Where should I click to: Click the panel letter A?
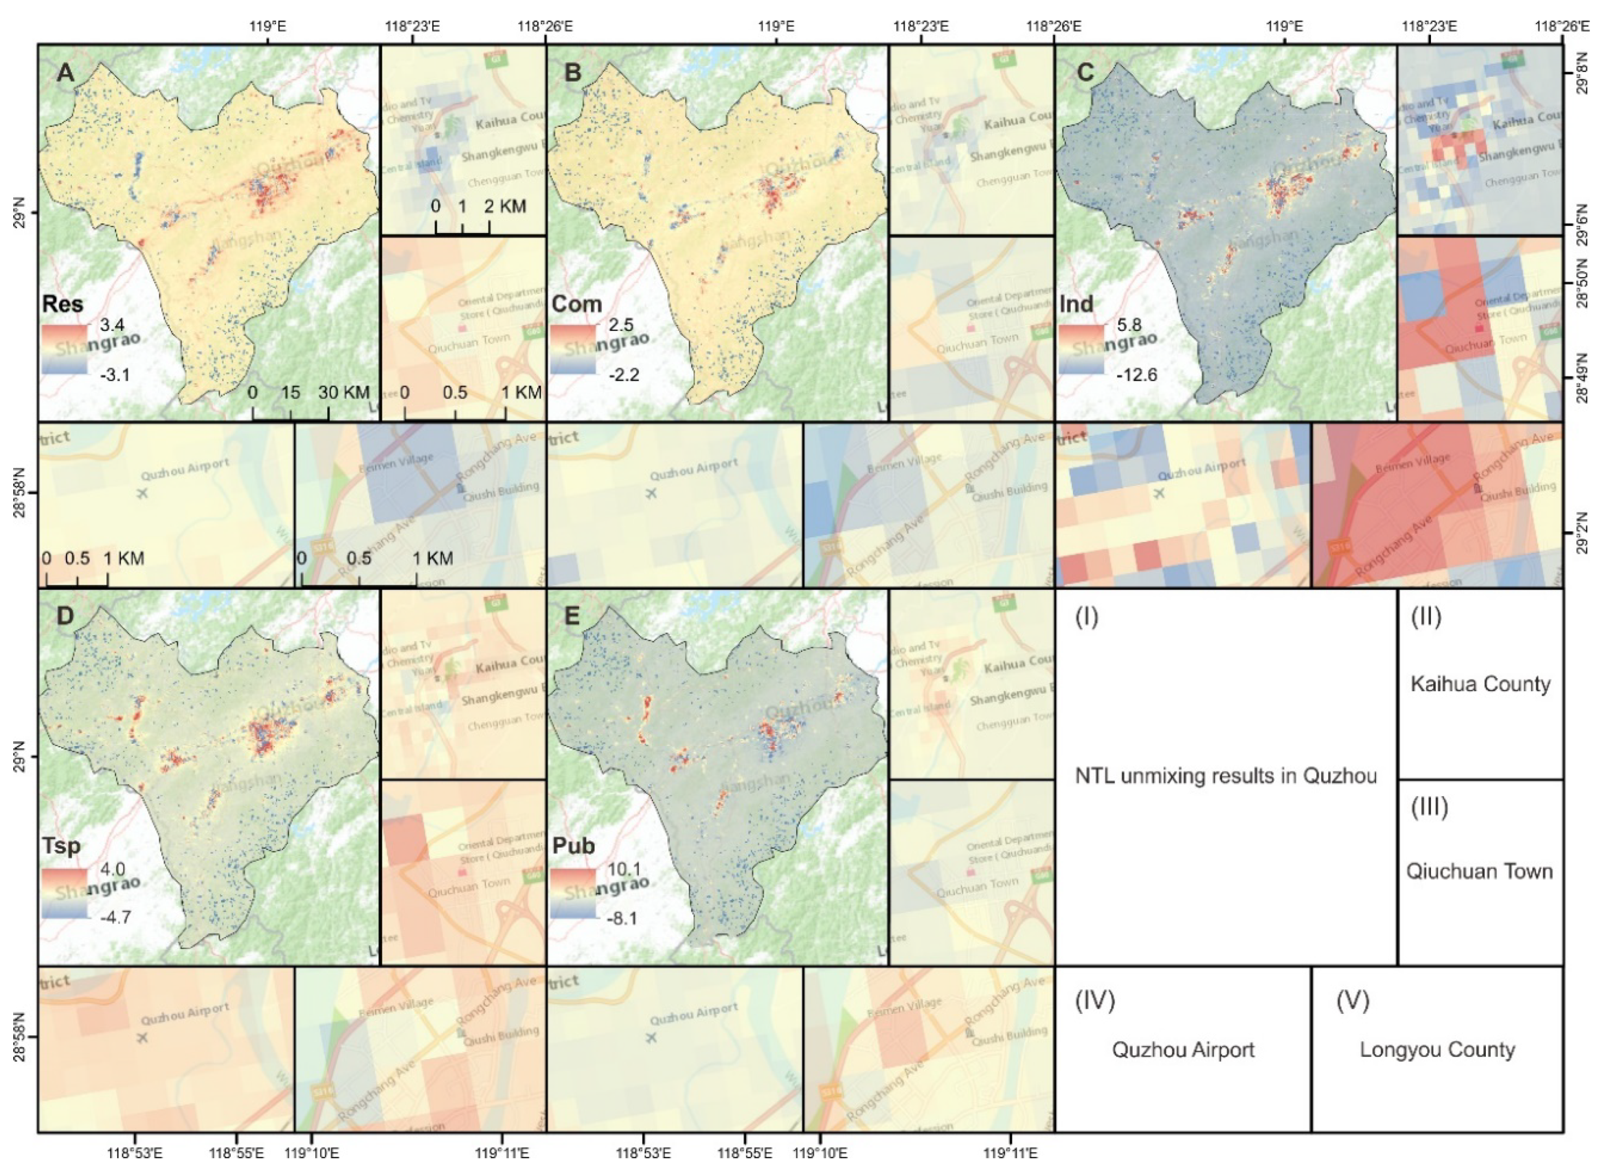65,72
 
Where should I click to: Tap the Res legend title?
63,304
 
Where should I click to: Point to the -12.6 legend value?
1137,374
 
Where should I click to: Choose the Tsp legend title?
61,846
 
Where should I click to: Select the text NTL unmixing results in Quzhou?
1225,776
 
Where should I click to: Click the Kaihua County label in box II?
1480,684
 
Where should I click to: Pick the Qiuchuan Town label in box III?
1479,872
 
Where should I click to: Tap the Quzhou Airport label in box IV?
1183,1049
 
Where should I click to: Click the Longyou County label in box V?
1436,1049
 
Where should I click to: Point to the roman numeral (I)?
1086,617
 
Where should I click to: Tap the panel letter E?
572,617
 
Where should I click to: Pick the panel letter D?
64,617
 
